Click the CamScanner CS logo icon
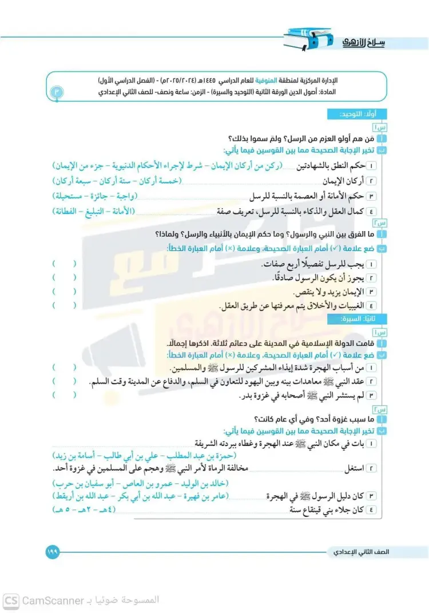click(10, 600)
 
